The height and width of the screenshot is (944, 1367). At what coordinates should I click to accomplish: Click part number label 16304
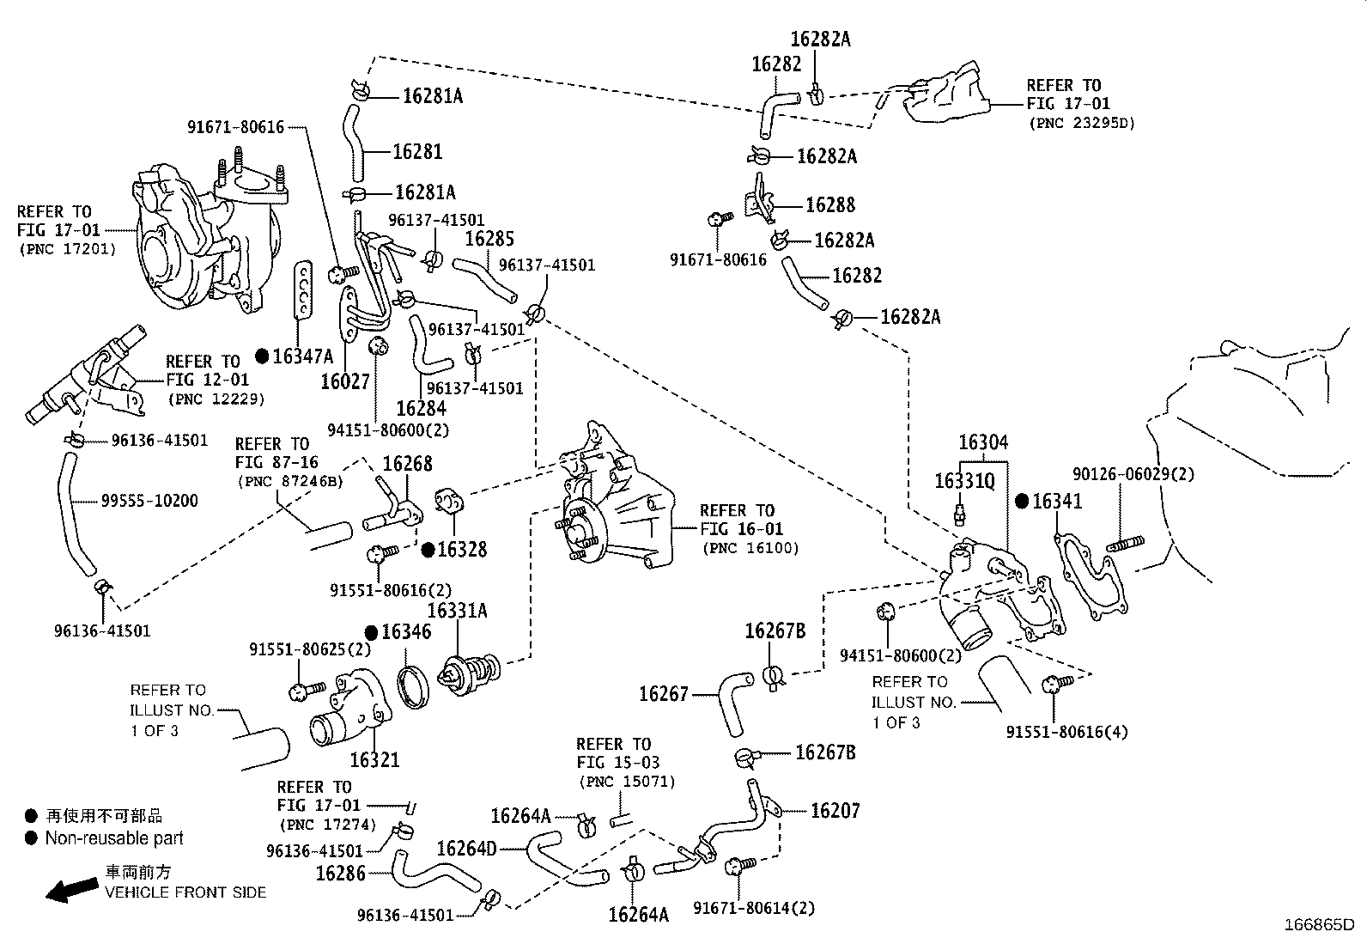click(x=983, y=443)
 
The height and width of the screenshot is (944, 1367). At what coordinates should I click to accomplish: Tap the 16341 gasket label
click(x=1057, y=502)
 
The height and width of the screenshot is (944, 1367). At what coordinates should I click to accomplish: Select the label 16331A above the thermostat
click(x=457, y=611)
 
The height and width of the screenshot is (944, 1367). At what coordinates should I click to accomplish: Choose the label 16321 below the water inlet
click(x=374, y=760)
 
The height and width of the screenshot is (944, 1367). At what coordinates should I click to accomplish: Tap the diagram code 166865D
click(x=1318, y=925)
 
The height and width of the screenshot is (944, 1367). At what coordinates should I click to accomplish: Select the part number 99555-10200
click(x=149, y=501)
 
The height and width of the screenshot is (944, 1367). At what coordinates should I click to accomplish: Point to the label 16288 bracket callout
click(x=830, y=205)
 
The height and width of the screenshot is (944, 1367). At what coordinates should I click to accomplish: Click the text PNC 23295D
click(x=1081, y=123)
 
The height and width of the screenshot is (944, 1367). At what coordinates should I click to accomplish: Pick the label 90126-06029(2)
click(x=1133, y=474)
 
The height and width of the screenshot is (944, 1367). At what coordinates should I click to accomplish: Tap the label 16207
click(x=835, y=810)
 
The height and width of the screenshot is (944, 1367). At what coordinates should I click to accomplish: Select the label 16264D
click(x=466, y=849)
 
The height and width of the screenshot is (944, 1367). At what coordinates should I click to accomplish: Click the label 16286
click(x=341, y=874)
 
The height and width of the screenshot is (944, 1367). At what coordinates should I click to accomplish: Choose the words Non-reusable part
click(x=114, y=838)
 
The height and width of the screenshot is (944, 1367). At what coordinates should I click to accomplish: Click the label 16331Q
click(x=964, y=481)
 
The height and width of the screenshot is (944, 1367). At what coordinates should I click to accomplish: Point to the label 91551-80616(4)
click(x=1067, y=732)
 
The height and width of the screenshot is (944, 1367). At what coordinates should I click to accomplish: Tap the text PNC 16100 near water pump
click(x=750, y=548)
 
